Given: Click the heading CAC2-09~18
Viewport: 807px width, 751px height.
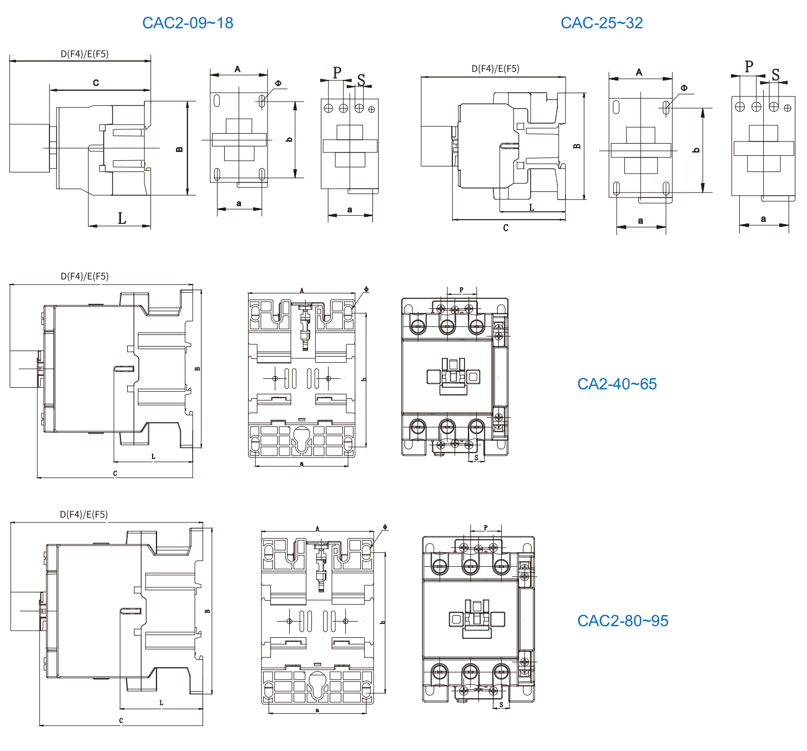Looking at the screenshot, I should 188,23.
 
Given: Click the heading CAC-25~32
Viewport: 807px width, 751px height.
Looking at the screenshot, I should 602,23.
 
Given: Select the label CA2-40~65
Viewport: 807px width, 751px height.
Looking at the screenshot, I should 617,384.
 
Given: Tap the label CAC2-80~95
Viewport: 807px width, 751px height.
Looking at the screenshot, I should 623,621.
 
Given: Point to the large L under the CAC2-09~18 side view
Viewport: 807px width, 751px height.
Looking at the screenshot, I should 122,218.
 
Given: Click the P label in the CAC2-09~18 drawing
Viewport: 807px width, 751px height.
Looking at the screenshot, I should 337,73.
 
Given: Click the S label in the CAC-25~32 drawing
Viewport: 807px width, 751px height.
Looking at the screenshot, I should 775,74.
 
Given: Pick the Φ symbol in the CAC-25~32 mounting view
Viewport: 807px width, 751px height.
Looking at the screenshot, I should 684,88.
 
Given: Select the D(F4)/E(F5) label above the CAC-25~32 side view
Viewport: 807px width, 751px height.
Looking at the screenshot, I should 495,69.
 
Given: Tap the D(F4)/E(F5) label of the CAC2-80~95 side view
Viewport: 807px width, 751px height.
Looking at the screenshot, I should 84,514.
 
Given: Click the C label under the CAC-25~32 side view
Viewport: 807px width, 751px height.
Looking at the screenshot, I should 506,228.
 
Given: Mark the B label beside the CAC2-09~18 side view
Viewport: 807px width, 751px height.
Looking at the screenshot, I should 179,149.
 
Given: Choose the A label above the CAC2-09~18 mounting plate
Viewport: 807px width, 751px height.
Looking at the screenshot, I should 238,69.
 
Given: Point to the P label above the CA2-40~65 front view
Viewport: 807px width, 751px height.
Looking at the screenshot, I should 461,290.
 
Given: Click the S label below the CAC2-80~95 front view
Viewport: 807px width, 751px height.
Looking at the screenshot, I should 501,705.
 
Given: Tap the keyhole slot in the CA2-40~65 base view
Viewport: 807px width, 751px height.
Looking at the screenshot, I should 301,438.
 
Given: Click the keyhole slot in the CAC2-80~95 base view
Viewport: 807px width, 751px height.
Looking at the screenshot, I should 317,683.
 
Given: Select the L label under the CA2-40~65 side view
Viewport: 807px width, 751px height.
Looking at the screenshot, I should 154,456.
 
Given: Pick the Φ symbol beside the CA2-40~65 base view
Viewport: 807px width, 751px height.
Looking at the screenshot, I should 366,289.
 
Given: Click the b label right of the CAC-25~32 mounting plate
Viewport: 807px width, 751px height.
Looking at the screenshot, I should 697,150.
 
